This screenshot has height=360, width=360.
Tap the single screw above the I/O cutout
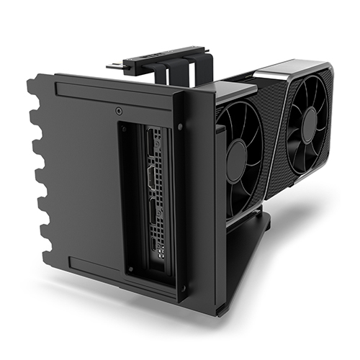[x=118, y=112]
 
